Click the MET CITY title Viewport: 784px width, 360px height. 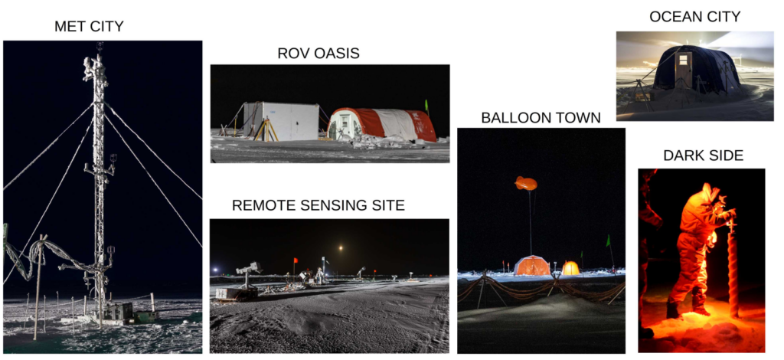[89, 27]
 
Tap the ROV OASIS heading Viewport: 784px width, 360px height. [318, 54]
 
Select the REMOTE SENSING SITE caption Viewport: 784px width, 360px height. [318, 205]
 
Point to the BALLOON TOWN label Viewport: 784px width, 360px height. [541, 118]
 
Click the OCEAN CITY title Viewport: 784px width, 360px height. [694, 17]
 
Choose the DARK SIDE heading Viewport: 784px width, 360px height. [703, 155]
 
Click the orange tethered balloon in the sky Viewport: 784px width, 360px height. [526, 183]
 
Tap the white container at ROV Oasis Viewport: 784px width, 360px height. [281, 121]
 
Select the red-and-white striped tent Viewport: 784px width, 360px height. [381, 124]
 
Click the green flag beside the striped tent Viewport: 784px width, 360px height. [426, 106]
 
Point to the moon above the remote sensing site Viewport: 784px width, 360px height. [341, 247]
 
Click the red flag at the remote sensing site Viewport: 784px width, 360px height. [296, 260]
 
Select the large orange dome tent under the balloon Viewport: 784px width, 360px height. [532, 265]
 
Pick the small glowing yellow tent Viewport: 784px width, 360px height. [570, 268]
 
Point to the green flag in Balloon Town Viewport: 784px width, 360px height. [608, 241]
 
